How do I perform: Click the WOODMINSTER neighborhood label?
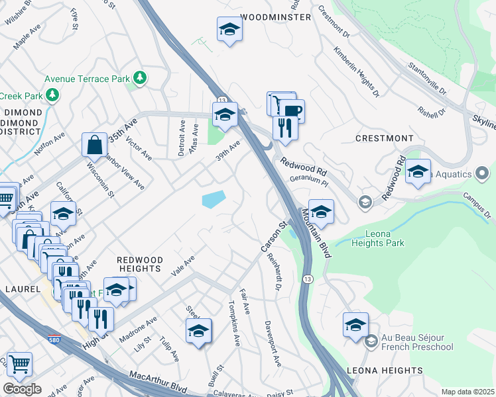click(x=275, y=17)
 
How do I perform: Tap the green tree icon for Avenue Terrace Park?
click(x=140, y=79)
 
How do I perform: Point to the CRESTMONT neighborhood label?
click(x=385, y=138)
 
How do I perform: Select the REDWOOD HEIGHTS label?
click(x=139, y=265)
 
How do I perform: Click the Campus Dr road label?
click(x=477, y=206)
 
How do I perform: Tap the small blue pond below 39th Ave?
click(x=213, y=198)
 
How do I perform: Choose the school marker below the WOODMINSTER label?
click(x=229, y=30)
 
